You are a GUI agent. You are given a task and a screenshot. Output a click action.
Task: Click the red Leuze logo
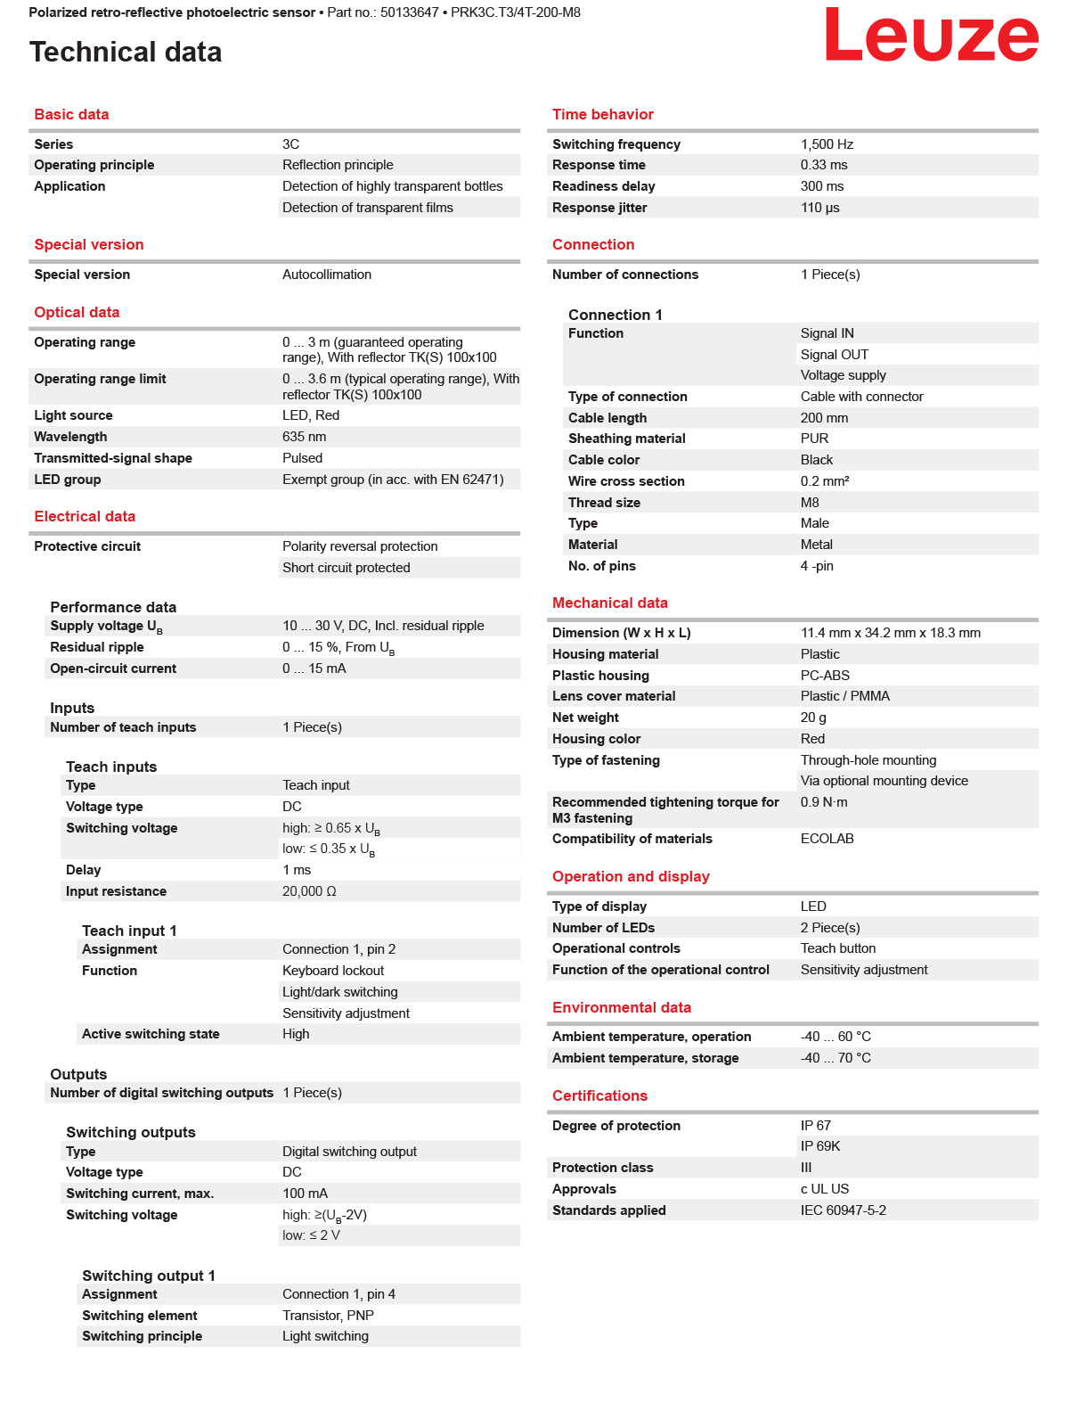pos(931,36)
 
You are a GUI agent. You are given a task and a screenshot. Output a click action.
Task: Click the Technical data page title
pos(126,52)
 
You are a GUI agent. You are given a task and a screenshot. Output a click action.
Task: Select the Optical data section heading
pos(77,312)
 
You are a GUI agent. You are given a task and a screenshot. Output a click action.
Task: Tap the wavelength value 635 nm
pos(304,437)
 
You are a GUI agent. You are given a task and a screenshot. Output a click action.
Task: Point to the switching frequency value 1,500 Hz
pos(827,144)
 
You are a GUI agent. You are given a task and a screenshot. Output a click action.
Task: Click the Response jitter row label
pos(599,208)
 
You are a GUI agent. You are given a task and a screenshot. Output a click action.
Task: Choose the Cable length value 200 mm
pos(824,418)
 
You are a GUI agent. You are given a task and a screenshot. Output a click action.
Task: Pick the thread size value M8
pos(810,503)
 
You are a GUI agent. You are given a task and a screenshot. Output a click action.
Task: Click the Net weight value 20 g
pos(813,718)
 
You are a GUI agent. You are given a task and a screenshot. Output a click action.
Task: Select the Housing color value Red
pos(812,739)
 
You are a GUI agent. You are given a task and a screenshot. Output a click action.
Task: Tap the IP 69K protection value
pos(819,1146)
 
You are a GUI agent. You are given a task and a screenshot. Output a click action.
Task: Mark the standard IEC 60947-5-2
pos(843,1210)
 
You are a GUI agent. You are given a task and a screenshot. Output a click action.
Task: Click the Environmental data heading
pos(621,1007)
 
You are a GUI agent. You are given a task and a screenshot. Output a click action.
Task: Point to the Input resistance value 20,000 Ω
pos(309,891)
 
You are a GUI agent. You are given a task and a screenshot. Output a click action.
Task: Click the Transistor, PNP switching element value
pos(328,1316)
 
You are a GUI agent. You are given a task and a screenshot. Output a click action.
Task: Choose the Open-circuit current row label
pos(113,669)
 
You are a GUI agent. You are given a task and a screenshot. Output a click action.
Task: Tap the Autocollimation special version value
pos(327,275)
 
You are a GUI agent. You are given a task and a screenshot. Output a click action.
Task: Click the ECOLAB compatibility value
pos(827,839)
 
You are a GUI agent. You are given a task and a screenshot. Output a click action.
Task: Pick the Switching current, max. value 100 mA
pos(305,1194)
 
